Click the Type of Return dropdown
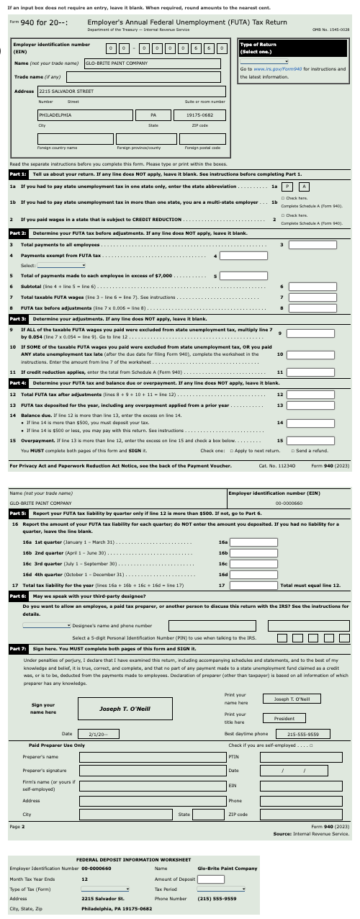coord(264,62)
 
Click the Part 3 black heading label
coord(19,318)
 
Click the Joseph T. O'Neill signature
coord(125,688)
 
